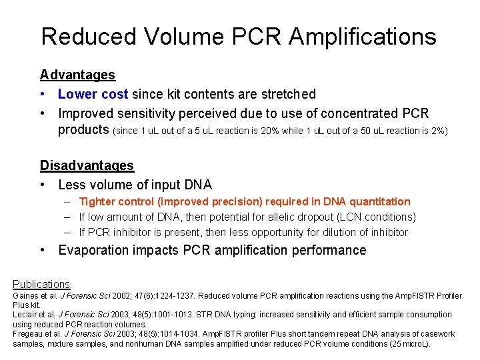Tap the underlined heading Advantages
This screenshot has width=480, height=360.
point(77,75)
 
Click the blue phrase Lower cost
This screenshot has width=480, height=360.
point(93,95)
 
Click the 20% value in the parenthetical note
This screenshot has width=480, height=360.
point(270,131)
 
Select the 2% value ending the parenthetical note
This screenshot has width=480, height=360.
point(437,131)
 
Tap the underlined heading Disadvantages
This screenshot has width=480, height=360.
point(87,165)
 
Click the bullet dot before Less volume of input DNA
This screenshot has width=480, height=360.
point(43,185)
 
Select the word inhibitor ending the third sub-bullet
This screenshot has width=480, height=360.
point(387,232)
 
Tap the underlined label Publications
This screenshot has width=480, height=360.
point(41,284)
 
